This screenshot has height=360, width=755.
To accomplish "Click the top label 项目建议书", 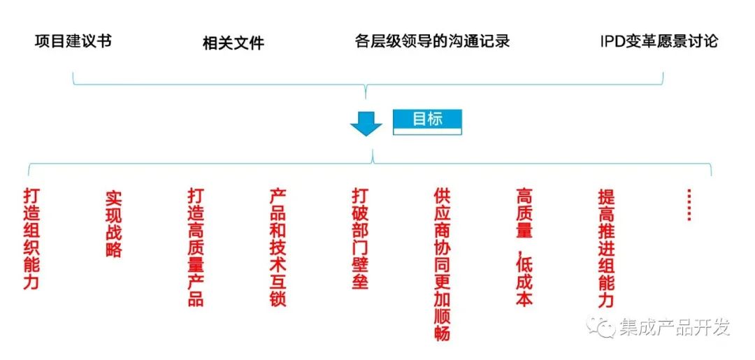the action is coord(73,41).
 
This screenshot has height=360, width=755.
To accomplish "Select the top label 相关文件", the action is coord(233,43).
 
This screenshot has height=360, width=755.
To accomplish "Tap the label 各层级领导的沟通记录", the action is coord(432,41).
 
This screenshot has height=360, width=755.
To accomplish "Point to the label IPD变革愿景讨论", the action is coord(659,41).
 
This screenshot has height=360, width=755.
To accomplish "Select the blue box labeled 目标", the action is coord(427,118).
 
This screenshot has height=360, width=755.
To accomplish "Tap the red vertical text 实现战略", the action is coord(114,223).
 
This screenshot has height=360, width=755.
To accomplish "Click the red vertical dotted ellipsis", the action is coord(689,205).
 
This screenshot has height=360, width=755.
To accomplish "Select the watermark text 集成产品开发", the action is coord(674,327).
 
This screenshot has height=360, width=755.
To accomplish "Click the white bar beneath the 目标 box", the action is coord(427,131).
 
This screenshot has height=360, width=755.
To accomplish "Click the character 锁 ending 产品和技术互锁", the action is coord(278,298).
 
